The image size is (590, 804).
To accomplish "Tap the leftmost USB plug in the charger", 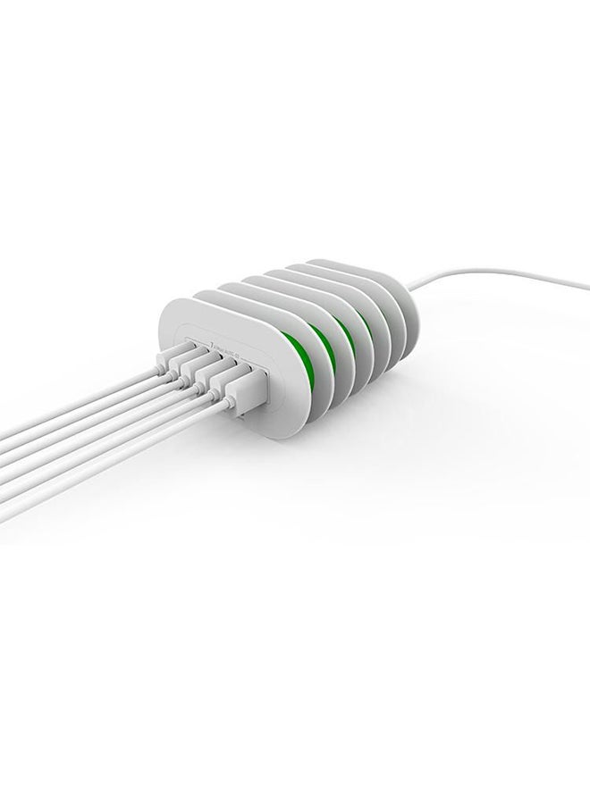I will click(x=172, y=358).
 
